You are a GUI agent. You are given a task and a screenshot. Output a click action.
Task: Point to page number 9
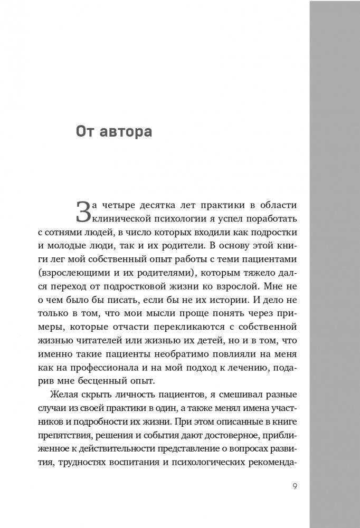(294, 486)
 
